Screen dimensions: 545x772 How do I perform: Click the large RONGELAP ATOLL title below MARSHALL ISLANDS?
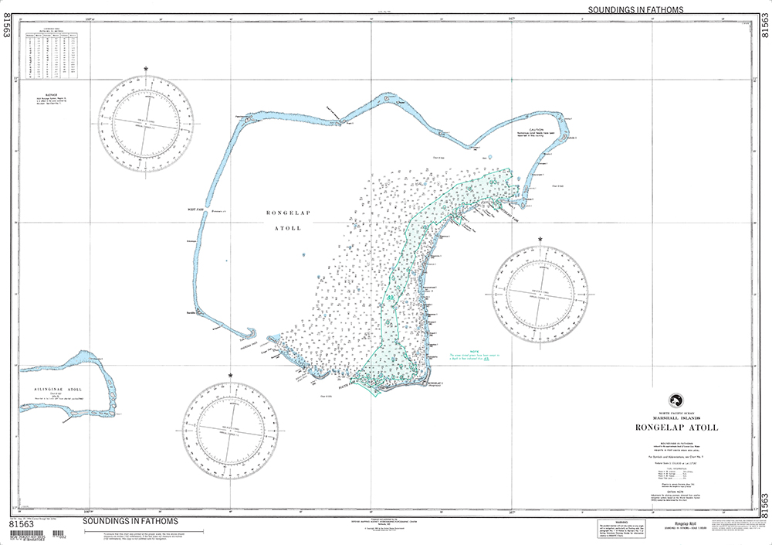[675, 427]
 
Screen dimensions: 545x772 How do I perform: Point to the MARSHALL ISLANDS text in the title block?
[675, 418]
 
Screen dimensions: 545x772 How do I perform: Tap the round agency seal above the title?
[675, 400]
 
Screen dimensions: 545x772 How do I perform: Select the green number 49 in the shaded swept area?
[391, 298]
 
